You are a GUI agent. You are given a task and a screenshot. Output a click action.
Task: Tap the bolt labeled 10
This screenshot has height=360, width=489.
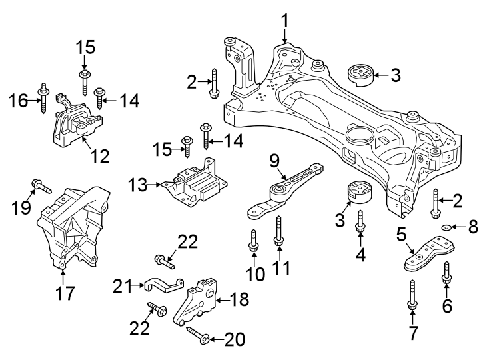click(254, 241)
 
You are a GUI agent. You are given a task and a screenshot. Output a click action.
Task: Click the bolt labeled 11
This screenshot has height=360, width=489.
click(278, 234)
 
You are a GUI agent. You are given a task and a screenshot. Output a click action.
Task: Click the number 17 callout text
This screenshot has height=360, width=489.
click(64, 291)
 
